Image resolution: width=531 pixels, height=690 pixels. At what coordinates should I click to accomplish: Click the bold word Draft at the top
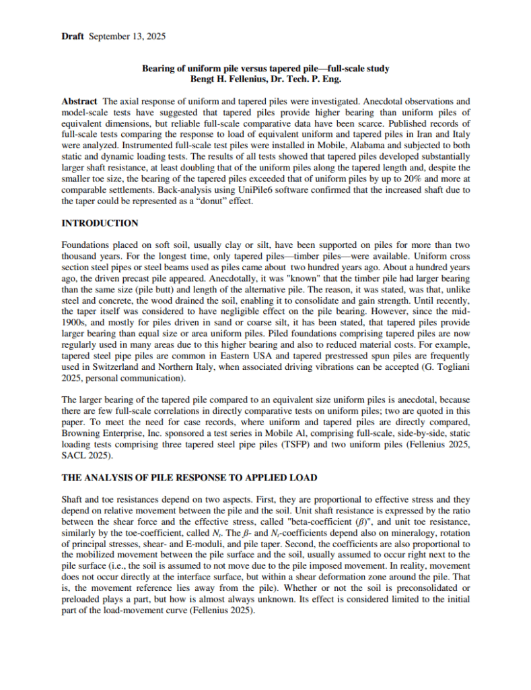(x=72, y=36)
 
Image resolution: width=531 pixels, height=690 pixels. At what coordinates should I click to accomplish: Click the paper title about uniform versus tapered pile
(x=265, y=69)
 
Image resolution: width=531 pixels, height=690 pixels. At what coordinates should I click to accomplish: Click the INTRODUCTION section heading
(x=100, y=223)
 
